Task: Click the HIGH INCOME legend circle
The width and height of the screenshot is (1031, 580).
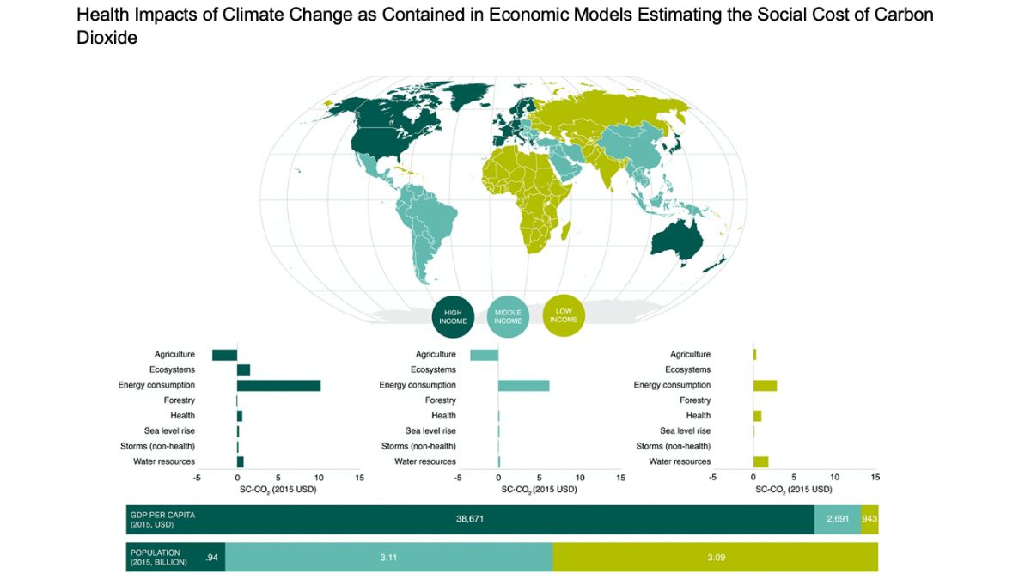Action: point(454,315)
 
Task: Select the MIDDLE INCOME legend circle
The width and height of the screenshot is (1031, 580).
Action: point(508,315)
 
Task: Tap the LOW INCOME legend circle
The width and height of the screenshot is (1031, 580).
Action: point(564,315)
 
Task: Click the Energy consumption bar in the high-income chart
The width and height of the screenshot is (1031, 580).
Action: point(278,386)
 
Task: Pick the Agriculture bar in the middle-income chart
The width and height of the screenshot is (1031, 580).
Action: point(484,355)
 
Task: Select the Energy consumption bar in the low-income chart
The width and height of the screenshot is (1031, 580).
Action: point(765,386)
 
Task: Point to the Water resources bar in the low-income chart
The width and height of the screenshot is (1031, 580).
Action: point(760,461)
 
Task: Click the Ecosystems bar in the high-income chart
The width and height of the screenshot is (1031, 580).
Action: point(243,370)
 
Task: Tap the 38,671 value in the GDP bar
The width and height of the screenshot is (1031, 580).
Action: point(470,519)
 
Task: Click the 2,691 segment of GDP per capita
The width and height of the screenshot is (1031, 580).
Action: point(838,519)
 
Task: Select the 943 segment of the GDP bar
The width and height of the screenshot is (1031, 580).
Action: point(869,519)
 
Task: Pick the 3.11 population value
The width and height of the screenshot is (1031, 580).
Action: point(388,558)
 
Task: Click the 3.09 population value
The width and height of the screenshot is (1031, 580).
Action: point(716,558)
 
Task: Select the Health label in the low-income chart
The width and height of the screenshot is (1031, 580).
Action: point(698,416)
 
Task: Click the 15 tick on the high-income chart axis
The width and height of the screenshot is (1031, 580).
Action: point(359,477)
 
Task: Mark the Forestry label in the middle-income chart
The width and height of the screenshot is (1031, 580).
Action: point(440,400)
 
